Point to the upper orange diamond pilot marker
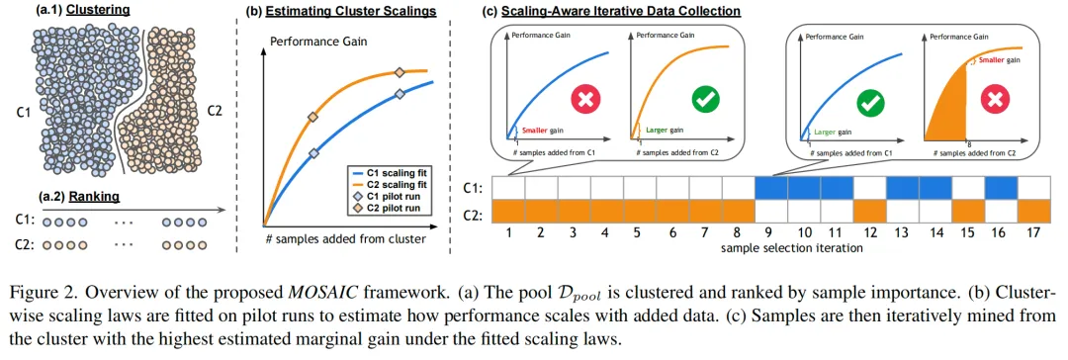[400, 72]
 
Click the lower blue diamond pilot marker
[314, 154]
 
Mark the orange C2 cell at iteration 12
[870, 211]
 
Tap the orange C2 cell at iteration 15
[968, 211]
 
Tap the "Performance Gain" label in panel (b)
[318, 41]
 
